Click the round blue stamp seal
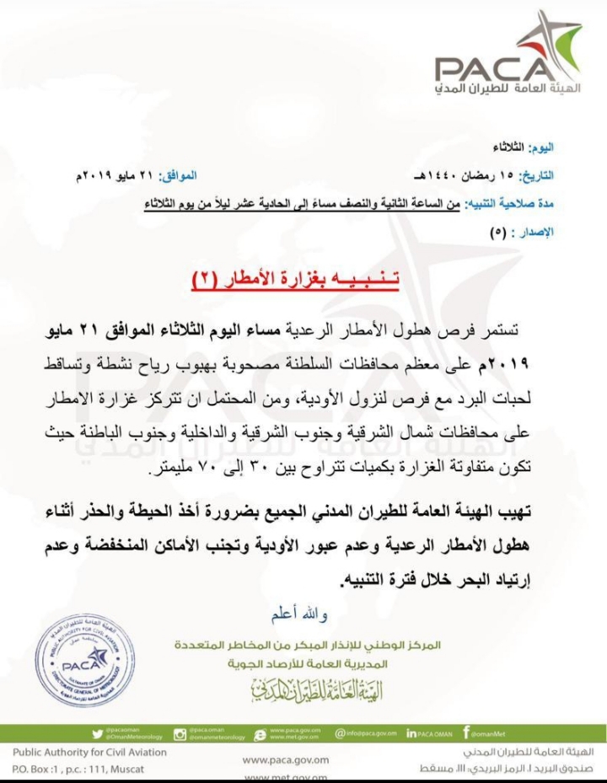83,659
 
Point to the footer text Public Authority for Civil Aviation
90,752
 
